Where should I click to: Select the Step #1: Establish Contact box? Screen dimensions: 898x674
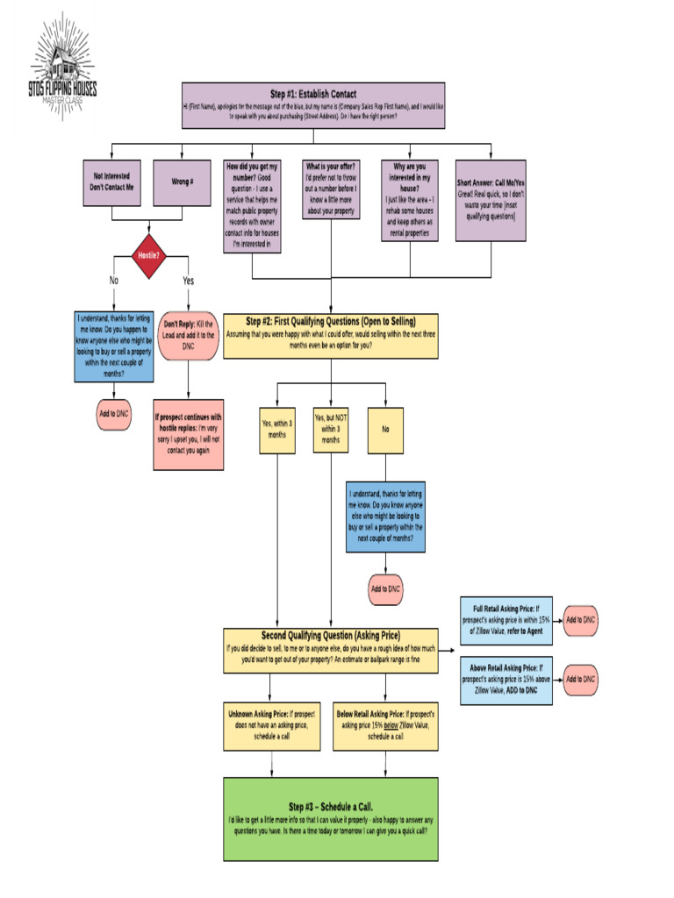pos(312,105)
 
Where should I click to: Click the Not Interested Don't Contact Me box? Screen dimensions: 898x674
pos(111,182)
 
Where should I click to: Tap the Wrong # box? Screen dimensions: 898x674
pos(182,182)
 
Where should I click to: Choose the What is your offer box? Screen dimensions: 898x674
pos(330,189)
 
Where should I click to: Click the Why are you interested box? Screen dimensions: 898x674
pos(410,200)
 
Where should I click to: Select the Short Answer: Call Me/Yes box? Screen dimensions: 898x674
pos(491,200)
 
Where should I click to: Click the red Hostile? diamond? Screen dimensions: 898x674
pos(147,255)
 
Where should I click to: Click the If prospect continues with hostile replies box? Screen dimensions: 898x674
pos(188,435)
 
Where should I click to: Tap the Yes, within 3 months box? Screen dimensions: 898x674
pos(276,430)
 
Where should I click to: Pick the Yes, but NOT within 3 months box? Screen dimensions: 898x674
pos(331,430)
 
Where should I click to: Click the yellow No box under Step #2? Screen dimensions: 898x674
pos(385,430)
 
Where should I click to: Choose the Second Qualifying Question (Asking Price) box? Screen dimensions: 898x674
pos(330,650)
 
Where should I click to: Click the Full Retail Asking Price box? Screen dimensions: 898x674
pos(506,620)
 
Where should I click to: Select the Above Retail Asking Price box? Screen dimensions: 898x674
pos(506,680)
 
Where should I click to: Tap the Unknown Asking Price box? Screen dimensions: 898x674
pos(271,725)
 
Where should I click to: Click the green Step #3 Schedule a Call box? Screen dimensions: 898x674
pos(330,819)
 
